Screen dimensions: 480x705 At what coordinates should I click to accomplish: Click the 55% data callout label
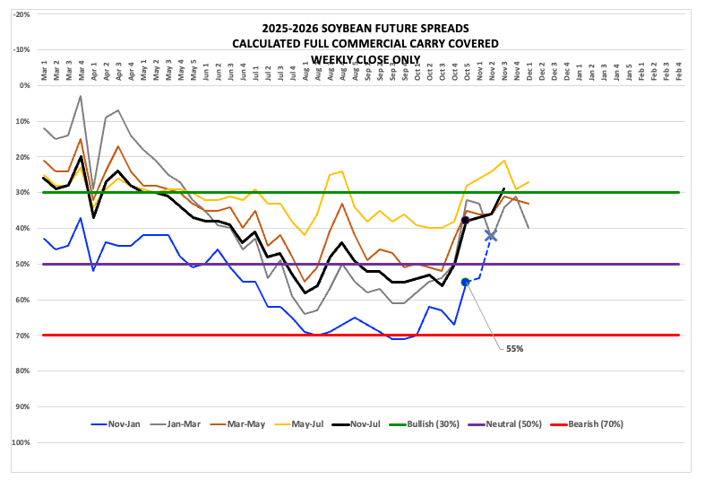tap(513, 348)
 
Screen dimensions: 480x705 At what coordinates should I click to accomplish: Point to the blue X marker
tap(491, 235)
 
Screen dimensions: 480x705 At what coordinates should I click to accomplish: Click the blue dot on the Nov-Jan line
tap(465, 282)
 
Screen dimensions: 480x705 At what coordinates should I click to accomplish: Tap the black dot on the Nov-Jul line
tap(465, 220)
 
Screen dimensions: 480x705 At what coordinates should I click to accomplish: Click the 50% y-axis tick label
tap(22, 264)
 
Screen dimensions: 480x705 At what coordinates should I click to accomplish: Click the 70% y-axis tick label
tap(22, 336)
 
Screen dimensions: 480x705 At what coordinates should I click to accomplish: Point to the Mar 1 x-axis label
tap(44, 72)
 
